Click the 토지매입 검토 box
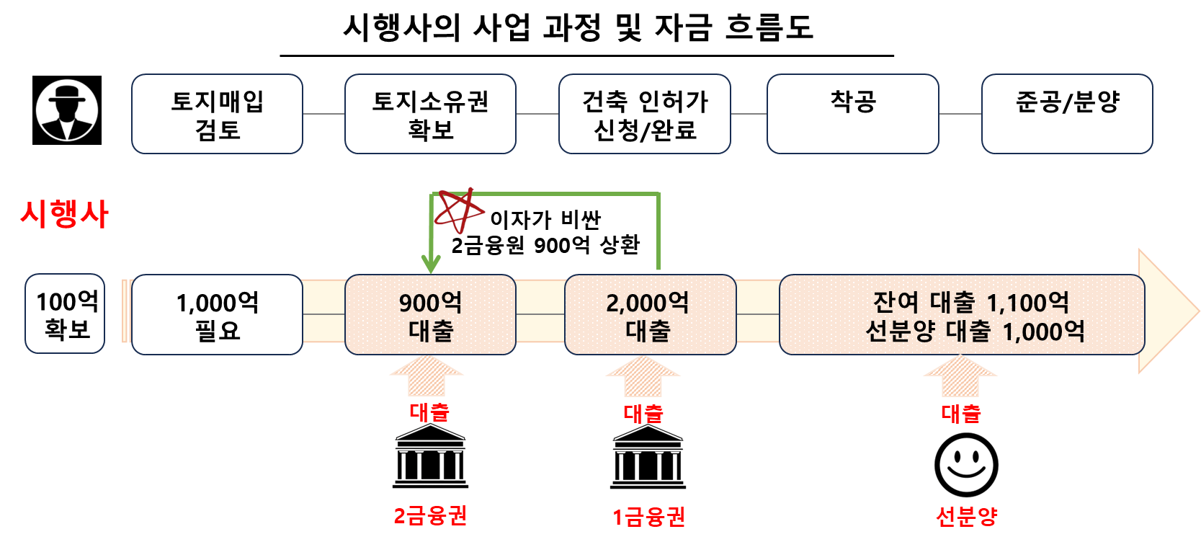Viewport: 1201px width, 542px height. pos(217,114)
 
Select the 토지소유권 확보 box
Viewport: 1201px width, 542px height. pos(430,114)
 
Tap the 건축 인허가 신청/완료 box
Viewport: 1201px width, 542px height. pos(645,114)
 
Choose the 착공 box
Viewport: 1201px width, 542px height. pos(853,114)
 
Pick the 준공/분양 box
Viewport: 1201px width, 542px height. pos(1067,114)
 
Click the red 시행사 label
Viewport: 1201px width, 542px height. pos(65,214)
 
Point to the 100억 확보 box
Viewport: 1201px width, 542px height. pos(66,314)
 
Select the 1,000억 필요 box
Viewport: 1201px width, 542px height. pos(217,315)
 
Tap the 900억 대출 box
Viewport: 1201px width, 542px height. pos(430,315)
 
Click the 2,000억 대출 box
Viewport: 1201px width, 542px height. pos(650,315)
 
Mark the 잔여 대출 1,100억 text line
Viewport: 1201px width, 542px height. pos(970,302)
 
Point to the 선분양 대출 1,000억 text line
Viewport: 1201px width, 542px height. pos(975,332)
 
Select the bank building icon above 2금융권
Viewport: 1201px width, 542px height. pos(430,456)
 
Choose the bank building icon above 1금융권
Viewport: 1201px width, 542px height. pos(648,456)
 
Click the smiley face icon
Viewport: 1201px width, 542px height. pos(966,465)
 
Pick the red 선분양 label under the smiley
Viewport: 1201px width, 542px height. pos(966,516)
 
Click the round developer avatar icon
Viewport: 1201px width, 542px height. pos(67,110)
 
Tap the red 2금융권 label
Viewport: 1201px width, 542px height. pos(430,516)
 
